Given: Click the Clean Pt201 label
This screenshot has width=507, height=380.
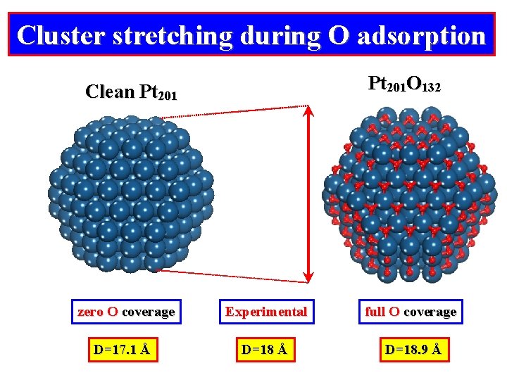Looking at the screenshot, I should click(131, 92).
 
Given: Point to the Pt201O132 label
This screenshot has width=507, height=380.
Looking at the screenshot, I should click(404, 85).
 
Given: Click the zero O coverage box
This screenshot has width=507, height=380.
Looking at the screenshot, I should click(126, 311).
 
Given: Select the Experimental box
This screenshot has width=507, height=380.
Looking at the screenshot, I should click(265, 311).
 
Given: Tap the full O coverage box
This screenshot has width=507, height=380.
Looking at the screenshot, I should click(410, 311).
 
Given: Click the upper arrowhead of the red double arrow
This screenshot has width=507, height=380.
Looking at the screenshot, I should click(309, 113).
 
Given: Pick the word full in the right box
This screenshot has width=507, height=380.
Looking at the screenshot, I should click(375, 311).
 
